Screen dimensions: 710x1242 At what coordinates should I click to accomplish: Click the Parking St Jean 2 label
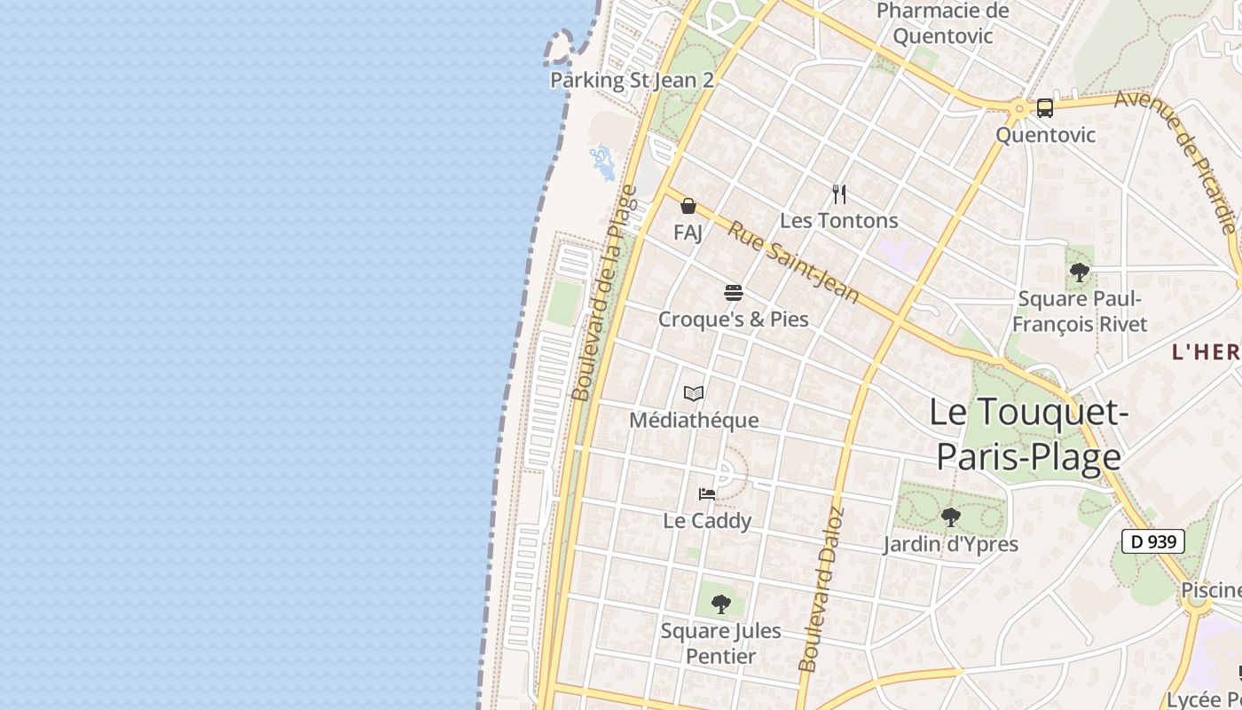tap(632, 80)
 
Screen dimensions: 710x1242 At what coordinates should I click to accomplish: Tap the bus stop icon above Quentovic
tap(1045, 108)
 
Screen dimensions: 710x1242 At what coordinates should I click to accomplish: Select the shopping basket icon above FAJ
tap(688, 207)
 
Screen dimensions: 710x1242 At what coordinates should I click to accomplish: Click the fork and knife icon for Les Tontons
tap(839, 193)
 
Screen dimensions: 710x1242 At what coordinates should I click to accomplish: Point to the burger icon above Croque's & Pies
tap(733, 293)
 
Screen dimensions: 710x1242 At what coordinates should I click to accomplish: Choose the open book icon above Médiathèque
tap(694, 393)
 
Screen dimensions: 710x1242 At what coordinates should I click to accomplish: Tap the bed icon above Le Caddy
tap(707, 494)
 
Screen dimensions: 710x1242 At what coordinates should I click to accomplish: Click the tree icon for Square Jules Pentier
tap(721, 604)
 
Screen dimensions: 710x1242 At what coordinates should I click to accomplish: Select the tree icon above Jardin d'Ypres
tap(950, 517)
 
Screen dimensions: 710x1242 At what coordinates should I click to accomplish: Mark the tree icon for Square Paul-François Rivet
tap(1080, 272)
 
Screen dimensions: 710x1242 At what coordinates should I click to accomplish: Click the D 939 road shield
tap(1153, 541)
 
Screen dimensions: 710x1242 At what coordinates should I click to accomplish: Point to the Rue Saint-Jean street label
tap(794, 262)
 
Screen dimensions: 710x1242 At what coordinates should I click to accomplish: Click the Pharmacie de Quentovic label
tap(943, 24)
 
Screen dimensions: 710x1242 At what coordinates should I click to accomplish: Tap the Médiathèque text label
tap(694, 420)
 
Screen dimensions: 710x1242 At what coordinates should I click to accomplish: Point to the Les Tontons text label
tap(839, 220)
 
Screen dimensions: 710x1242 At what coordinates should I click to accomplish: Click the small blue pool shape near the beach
tap(602, 162)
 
